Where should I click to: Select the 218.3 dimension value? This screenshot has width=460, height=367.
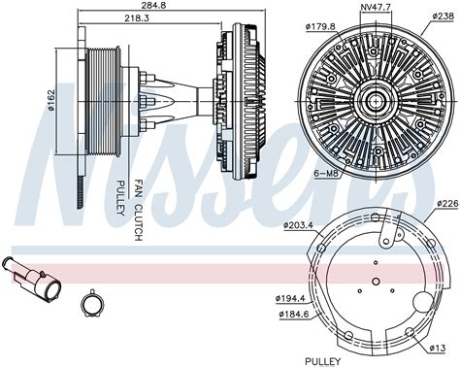tap(137, 18)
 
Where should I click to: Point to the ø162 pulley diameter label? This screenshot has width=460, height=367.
tap(51, 101)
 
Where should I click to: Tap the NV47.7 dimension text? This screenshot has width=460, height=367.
tap(375, 7)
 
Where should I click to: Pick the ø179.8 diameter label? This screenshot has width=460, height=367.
tap(320, 26)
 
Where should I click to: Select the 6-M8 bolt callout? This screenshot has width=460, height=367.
tap(326, 174)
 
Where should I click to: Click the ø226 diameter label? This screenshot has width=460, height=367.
tap(448, 204)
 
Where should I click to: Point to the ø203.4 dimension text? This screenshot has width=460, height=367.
tap(298, 225)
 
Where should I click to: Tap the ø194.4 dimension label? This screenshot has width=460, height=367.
tap(290, 299)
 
